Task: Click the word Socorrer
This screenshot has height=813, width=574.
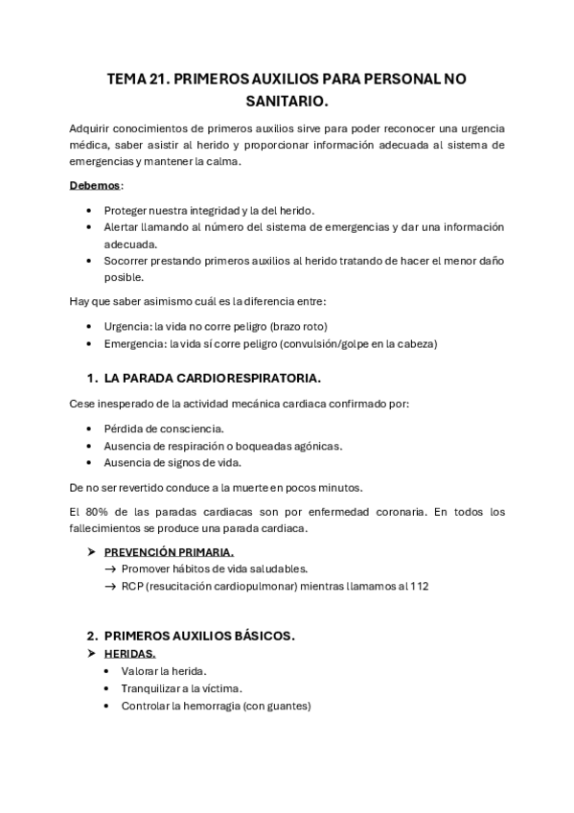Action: pos(129,261)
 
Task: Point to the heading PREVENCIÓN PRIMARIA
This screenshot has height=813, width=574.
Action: pos(169,552)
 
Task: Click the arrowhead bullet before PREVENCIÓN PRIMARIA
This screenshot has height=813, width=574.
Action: pos(92,552)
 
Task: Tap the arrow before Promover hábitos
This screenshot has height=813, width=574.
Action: pos(110,569)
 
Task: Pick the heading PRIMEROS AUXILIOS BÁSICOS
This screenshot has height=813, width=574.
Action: pos(199,636)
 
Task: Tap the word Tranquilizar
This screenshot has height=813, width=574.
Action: pos(152,687)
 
